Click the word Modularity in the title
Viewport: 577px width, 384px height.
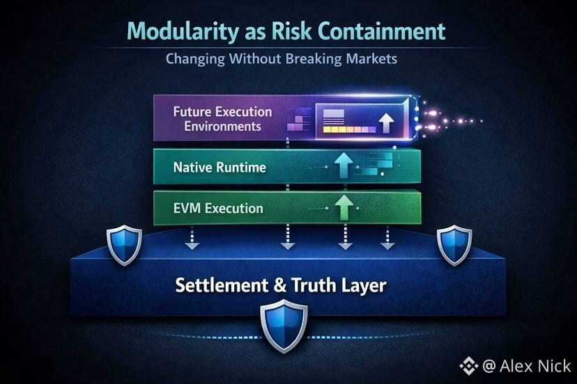(x=183, y=32)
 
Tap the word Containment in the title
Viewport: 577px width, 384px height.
(x=382, y=31)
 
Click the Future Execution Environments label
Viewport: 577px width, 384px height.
(x=222, y=119)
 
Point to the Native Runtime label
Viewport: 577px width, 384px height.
(x=220, y=167)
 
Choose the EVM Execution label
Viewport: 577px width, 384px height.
(x=218, y=209)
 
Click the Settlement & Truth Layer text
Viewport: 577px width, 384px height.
(x=281, y=285)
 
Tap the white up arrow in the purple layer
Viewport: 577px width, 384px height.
(x=386, y=122)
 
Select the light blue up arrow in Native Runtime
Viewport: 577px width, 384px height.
(x=344, y=165)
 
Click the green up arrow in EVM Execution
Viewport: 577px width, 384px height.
(x=344, y=207)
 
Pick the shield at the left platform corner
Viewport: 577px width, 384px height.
(x=124, y=245)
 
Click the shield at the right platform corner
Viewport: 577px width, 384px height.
(x=454, y=245)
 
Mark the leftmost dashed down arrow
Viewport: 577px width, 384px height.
(x=192, y=238)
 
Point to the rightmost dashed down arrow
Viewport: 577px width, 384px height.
(x=387, y=238)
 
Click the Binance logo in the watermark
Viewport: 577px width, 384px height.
(x=469, y=366)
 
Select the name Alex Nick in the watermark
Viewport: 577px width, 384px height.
(x=535, y=366)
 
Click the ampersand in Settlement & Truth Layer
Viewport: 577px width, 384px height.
(x=279, y=285)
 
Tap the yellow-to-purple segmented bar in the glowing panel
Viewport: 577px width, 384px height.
(x=350, y=129)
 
